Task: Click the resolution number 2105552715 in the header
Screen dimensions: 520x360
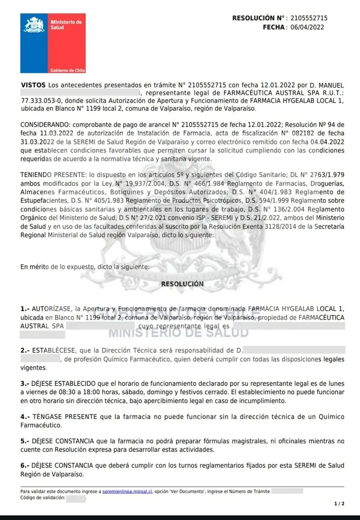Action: tap(309, 18)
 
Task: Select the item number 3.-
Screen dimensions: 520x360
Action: tap(25, 384)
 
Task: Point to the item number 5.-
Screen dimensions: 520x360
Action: tap(25, 441)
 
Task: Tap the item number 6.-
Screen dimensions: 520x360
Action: tap(25, 466)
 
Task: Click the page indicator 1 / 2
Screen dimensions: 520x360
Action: tap(339, 504)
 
